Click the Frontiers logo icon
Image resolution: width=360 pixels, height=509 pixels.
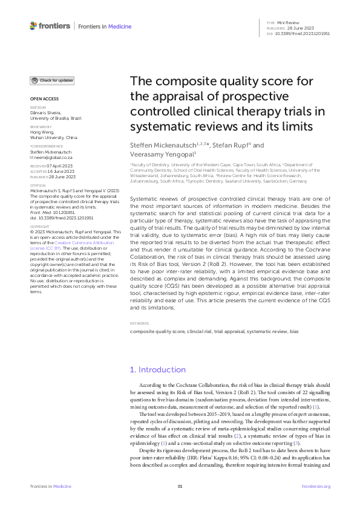[34, 26]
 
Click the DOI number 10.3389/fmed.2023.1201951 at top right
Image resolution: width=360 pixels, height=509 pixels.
[307, 34]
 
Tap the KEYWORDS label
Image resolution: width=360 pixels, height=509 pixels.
[140, 323]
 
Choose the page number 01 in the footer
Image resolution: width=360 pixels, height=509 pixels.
[180, 487]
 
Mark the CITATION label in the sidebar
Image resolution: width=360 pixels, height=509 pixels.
[38, 185]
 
